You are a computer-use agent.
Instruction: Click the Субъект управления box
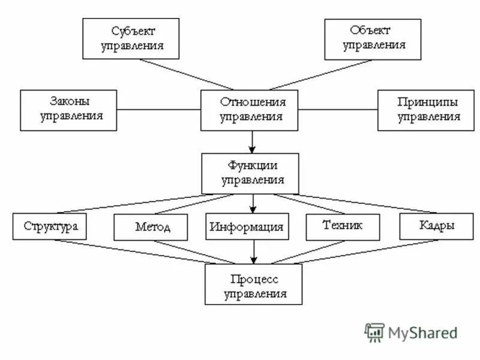(x=131, y=38)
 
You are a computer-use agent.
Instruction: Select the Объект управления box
(x=373, y=39)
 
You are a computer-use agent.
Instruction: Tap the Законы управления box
(x=69, y=110)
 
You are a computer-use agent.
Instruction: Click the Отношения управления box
(x=250, y=110)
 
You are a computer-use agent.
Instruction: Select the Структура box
(x=51, y=226)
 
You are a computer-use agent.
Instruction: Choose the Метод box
(x=151, y=227)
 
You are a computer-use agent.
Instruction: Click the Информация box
(x=247, y=227)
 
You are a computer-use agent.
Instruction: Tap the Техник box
(x=343, y=227)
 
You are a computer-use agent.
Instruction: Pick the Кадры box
(x=436, y=226)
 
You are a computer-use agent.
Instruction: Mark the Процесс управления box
(x=253, y=284)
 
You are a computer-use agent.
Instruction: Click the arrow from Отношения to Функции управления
(x=252, y=142)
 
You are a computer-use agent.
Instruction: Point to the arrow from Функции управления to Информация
(x=253, y=204)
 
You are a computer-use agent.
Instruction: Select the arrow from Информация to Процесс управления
(x=253, y=252)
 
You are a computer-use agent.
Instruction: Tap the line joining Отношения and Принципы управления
(x=338, y=109)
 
